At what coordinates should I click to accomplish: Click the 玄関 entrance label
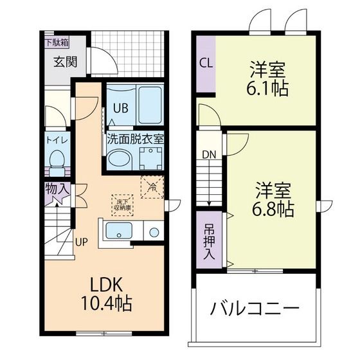click(64, 62)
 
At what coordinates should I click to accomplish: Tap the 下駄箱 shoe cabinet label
click(57, 43)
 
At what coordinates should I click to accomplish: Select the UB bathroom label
click(121, 108)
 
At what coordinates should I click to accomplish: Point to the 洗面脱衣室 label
click(135, 138)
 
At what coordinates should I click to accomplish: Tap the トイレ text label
click(57, 139)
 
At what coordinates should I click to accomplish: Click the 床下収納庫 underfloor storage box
click(123, 203)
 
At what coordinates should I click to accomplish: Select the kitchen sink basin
click(118, 232)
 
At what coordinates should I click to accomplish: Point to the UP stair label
click(81, 242)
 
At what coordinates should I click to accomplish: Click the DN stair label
click(209, 154)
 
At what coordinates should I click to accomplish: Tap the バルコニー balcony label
click(255, 309)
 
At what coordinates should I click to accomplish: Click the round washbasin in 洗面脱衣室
click(119, 158)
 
